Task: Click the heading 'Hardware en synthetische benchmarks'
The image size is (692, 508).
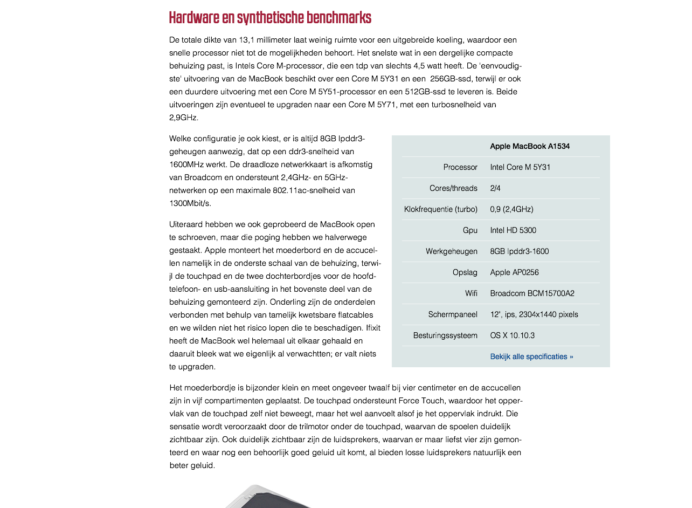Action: [x=270, y=18]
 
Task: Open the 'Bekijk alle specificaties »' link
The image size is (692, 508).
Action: [x=531, y=356]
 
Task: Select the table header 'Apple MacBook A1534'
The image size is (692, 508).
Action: [x=530, y=146]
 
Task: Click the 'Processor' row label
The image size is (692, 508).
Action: [x=460, y=167]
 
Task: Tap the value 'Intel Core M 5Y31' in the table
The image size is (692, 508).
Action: [x=520, y=167]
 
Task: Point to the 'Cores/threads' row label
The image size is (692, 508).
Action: [x=453, y=188]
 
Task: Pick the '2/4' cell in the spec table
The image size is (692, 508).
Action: [x=495, y=188]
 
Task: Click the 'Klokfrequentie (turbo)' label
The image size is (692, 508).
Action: [x=441, y=209]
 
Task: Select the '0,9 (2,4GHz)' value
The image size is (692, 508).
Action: [x=511, y=209]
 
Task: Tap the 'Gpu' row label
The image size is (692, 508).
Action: [x=470, y=230]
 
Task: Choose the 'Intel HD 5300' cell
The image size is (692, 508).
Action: [x=513, y=230]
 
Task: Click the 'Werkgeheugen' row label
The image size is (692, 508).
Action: [x=452, y=251]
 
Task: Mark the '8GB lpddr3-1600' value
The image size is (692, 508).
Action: [x=520, y=251]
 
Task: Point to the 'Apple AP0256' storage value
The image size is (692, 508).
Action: [x=514, y=272]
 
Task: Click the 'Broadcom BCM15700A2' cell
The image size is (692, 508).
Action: [x=532, y=293]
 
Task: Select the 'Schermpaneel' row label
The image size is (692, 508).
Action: [x=453, y=314]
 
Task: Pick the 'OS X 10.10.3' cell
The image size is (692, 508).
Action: [x=512, y=335]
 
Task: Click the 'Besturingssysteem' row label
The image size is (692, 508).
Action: [x=445, y=335]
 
